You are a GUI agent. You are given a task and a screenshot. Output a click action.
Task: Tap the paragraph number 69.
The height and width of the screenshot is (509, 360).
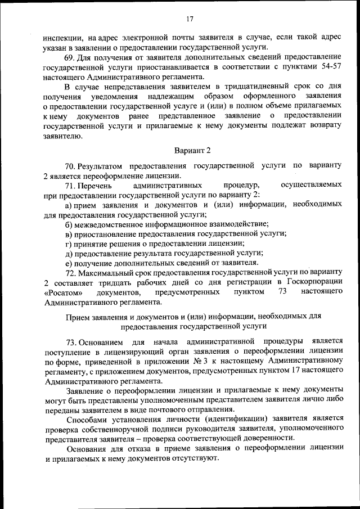coord(70,57)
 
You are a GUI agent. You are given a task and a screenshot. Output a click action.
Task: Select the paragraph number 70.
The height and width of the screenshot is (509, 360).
coord(70,166)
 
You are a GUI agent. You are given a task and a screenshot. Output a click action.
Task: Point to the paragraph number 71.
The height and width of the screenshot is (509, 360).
coord(70,184)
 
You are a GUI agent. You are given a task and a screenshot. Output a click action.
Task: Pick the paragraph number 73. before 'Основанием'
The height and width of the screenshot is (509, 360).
coord(70,341)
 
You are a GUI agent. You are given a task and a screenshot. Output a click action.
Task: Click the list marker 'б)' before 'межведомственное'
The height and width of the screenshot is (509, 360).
coord(70,224)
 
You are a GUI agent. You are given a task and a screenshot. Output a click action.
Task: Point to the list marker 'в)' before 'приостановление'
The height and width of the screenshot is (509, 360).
coord(70,233)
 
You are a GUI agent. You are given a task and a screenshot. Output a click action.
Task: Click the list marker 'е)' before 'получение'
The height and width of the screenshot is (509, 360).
coord(69,262)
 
